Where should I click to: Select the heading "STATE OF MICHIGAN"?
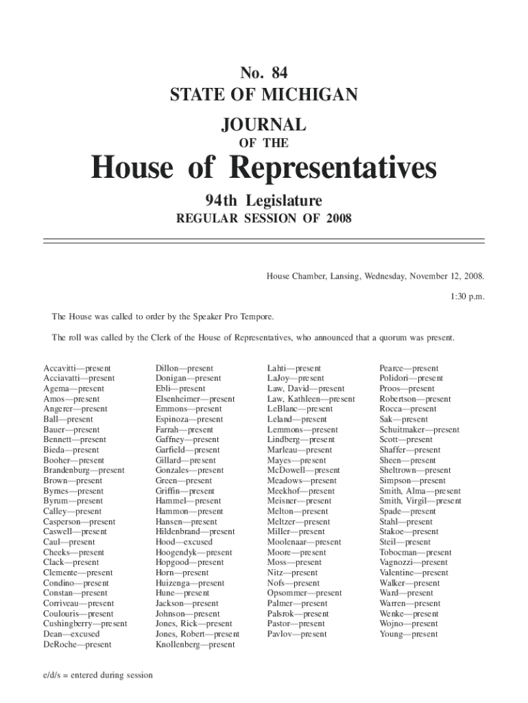264,94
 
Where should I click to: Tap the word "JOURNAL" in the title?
264,125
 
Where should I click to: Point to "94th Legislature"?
264,200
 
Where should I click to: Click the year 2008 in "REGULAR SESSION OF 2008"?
339,219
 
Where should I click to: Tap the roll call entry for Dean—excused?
71,634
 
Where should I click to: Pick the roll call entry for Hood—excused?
184,542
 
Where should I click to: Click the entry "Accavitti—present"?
77,369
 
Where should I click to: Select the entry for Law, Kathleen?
311,399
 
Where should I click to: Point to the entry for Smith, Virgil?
420,501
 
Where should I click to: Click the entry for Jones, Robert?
197,634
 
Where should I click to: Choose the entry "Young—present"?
409,634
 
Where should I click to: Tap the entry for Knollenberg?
195,645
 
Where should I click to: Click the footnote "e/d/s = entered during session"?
97,675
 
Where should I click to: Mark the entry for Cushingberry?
85,624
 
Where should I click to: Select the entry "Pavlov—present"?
297,634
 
